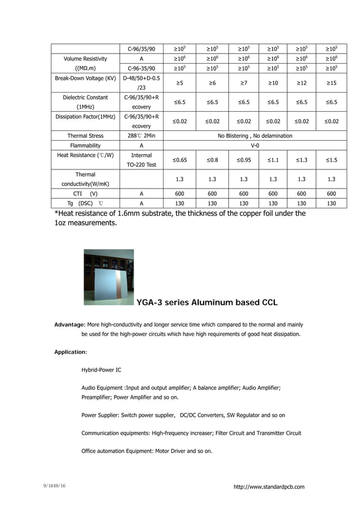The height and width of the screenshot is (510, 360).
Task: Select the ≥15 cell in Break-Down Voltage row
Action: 332,83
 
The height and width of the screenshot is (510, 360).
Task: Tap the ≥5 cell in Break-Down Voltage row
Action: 179,83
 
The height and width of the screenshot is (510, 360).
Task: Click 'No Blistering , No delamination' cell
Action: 255,136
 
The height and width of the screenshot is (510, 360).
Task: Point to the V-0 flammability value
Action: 255,145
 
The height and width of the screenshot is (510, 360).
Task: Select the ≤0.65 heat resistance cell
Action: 179,160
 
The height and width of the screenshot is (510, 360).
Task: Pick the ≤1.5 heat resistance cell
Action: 332,160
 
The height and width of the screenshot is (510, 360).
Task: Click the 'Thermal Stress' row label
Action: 85,136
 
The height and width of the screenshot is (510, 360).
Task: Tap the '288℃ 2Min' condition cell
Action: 141,136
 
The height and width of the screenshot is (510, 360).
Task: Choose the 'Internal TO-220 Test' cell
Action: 141,160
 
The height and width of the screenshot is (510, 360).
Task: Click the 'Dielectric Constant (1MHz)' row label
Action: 85,102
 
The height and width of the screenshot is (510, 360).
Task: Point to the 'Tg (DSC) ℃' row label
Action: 85,203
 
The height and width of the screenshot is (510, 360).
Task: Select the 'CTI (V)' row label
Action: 85,193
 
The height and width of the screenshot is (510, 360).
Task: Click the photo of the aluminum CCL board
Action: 109,277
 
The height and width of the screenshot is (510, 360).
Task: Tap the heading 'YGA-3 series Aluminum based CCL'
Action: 207,303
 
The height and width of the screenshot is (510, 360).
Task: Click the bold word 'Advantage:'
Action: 69,325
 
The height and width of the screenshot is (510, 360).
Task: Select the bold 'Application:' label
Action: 71,352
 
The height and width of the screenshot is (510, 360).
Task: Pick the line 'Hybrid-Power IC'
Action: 101,370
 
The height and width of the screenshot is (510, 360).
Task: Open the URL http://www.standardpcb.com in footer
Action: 269,487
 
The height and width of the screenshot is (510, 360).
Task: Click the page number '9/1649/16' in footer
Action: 55,486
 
